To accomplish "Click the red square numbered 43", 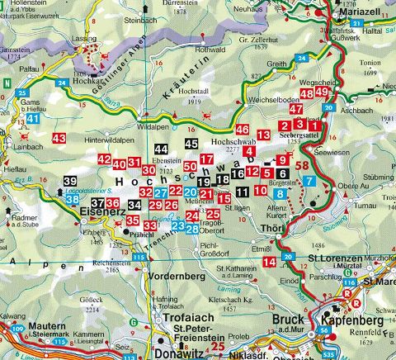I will coord(59,137).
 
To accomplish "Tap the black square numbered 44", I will coord(161,148).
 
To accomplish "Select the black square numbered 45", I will coord(191,144).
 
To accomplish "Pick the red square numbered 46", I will coord(242,130).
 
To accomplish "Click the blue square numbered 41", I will coord(33,119).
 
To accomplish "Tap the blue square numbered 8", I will coord(280,193).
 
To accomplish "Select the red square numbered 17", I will coord(208,159).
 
